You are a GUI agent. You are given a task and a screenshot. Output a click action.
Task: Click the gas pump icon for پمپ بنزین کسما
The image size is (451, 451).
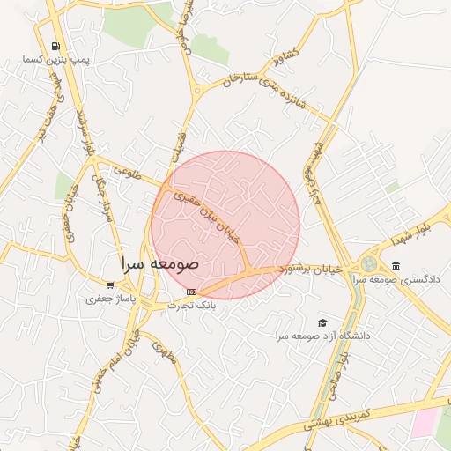56,46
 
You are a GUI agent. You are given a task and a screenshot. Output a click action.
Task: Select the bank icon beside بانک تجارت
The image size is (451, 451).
192,292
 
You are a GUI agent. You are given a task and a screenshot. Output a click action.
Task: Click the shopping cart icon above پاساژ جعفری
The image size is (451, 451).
109,285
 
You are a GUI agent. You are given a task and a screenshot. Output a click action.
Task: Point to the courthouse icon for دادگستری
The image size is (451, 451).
396,266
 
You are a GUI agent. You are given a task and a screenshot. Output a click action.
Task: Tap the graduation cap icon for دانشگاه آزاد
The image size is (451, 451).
322,322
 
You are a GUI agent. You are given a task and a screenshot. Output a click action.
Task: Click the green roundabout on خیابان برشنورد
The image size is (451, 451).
367,264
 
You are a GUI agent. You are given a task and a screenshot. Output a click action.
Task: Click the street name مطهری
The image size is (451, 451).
166,351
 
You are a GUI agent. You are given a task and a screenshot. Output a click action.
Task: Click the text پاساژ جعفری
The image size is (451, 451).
106,299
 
